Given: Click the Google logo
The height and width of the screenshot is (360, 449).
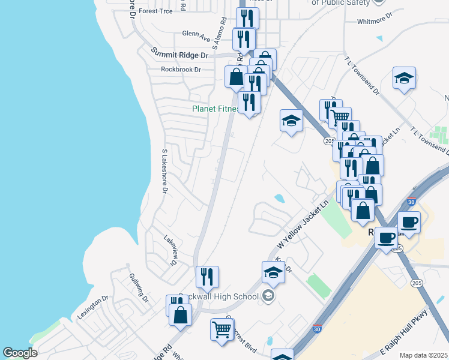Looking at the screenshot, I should pyautogui.click(x=20, y=353).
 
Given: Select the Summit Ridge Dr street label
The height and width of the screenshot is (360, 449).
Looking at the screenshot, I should pyautogui.click(x=179, y=53).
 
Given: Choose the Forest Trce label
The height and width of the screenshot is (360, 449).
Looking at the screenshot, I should pyautogui.click(x=155, y=11).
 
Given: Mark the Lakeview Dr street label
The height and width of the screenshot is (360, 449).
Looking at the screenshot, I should pyautogui.click(x=170, y=250).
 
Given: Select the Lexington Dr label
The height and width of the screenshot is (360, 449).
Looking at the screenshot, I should pyautogui.click(x=92, y=307).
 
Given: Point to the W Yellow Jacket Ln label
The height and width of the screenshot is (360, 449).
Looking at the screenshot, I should pyautogui.click(x=304, y=225).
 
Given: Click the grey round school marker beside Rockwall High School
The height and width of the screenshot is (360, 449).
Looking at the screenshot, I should pyautogui.click(x=268, y=295).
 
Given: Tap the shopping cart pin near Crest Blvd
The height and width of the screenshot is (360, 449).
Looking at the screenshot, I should pyautogui.click(x=222, y=329).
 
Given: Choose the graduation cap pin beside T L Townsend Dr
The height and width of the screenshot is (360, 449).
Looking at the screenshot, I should pyautogui.click(x=405, y=78).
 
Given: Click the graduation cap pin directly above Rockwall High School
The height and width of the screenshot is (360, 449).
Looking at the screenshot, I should pyautogui.click(x=274, y=272).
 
